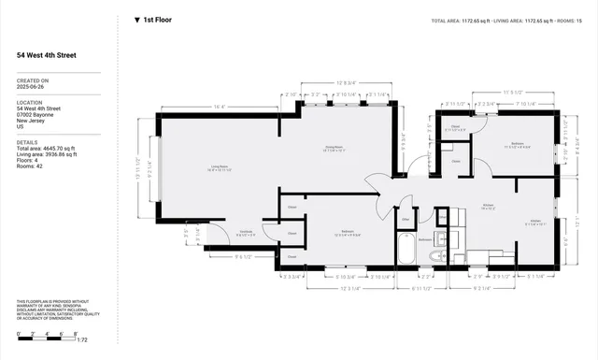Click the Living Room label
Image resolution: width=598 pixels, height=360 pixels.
coord(219,169)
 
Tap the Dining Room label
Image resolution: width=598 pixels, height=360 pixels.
coord(335,148)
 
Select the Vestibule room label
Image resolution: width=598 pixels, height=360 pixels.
coord(247,233)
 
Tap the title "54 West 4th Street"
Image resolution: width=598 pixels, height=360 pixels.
coord(47,55)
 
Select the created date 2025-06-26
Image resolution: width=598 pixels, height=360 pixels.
coord(32,87)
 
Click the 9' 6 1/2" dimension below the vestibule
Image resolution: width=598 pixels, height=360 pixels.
coord(245,256)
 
